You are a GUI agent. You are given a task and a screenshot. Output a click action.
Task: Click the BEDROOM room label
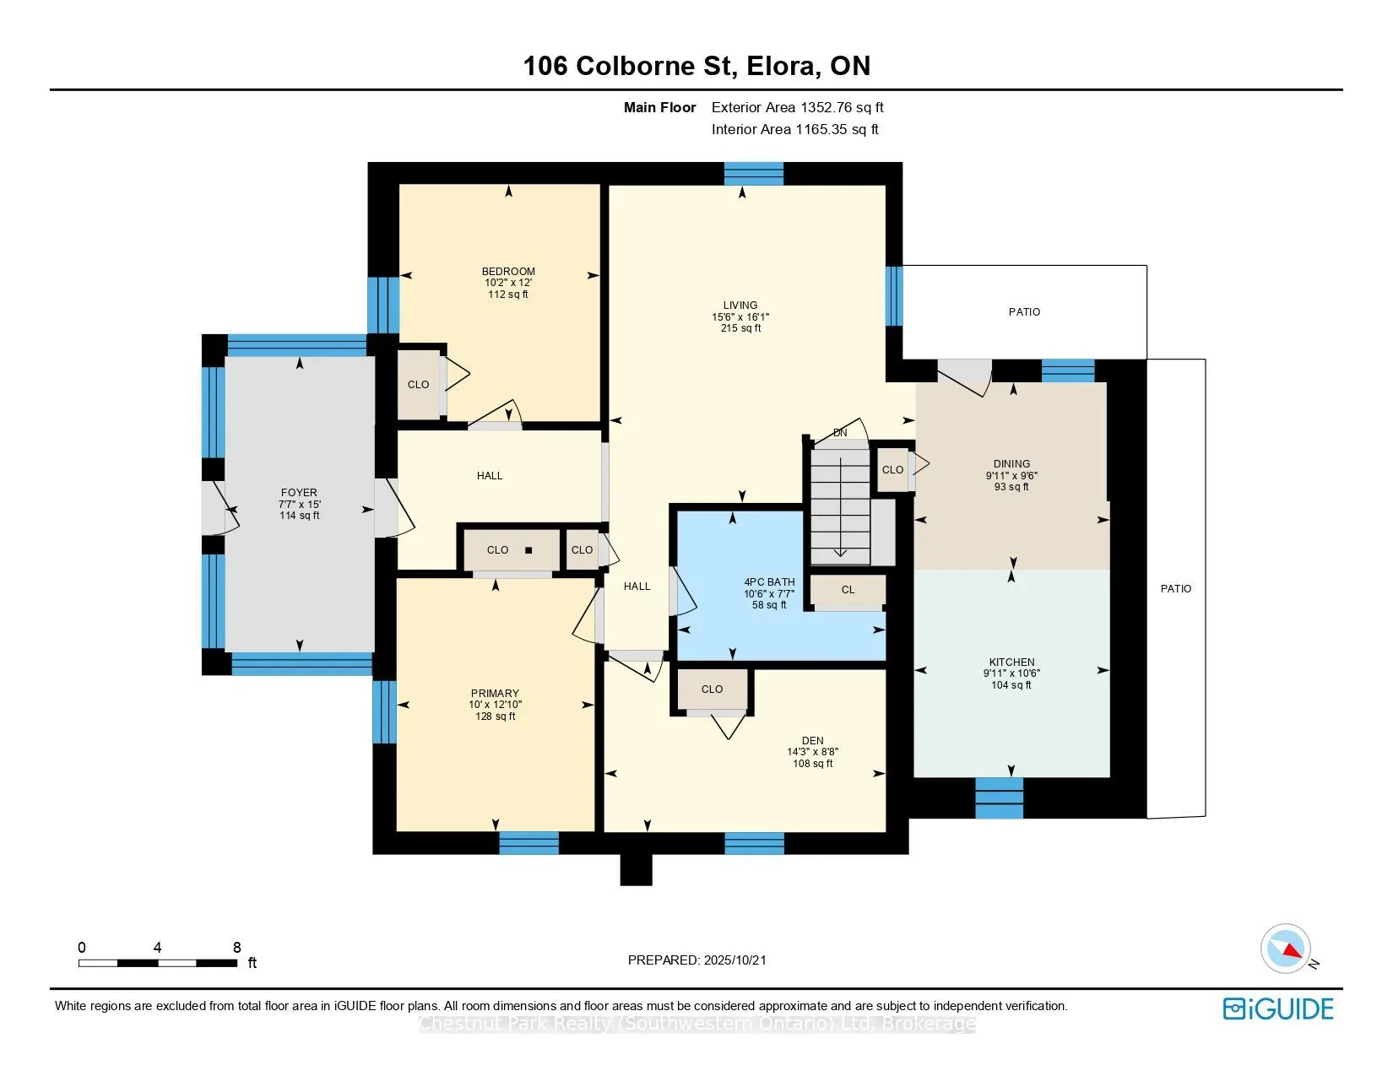coord(508,272)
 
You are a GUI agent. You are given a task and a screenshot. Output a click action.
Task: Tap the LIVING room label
coord(740,305)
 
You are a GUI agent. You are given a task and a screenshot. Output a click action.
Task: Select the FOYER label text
coord(299,493)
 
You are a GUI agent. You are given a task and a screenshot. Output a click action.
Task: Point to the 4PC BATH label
coord(769,582)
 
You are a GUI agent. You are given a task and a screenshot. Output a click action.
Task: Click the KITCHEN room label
coord(1011,662)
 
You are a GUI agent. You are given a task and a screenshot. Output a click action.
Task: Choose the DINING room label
coord(1011,464)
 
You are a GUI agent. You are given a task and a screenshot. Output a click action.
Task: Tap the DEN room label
coord(813,741)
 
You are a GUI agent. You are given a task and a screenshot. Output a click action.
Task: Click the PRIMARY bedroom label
coord(495,694)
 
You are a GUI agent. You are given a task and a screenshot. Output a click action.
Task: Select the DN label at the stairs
coord(840,433)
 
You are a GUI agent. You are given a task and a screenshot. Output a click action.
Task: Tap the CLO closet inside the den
coord(713,689)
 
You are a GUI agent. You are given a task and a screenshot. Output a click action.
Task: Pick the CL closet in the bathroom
coord(848,590)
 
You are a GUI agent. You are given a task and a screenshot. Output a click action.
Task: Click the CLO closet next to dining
coord(893,470)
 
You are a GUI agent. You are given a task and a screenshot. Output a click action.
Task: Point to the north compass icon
coord(1286,949)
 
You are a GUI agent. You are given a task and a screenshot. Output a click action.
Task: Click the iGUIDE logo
coord(1278,1008)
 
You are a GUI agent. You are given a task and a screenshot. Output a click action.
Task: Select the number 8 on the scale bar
coord(237,948)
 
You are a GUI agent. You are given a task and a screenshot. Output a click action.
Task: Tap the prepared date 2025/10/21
coord(734,960)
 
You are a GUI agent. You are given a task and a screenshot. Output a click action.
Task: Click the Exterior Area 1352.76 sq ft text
coord(798,108)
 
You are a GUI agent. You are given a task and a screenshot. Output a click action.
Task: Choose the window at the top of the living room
coord(754,174)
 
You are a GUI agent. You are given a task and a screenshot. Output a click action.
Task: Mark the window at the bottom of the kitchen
coord(1000,798)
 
